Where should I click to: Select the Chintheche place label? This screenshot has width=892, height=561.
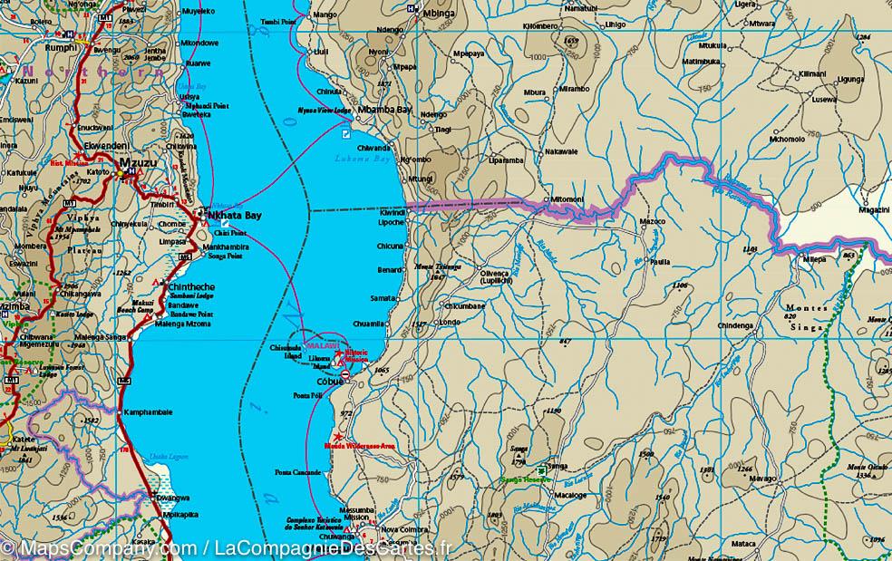click(192, 286)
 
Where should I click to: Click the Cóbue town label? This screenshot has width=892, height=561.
click(329, 382)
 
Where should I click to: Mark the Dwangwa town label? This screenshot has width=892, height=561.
click(171, 498)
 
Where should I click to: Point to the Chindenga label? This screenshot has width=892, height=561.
click(735, 325)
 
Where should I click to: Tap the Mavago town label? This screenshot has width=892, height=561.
click(761, 478)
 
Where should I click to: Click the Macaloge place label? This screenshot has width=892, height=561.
click(570, 496)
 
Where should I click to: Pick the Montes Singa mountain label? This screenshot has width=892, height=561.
click(805, 317)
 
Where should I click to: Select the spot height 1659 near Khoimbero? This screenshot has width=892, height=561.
click(570, 42)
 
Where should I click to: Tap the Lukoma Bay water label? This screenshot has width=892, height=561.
click(362, 158)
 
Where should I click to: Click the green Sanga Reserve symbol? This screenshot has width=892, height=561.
click(541, 470)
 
